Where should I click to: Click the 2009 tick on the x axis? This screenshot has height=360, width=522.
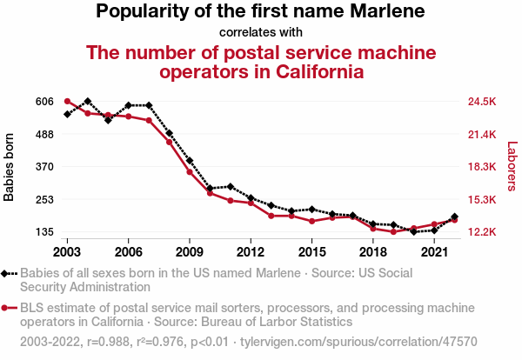point(190,251)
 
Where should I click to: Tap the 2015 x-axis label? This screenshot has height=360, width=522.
point(311,251)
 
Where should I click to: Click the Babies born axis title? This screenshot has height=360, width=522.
point(10,167)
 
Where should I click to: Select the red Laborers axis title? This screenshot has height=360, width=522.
point(512,167)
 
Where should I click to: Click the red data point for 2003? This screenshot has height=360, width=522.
point(67,102)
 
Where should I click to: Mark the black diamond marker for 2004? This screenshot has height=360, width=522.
point(88,102)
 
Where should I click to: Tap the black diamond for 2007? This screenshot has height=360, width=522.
point(149,105)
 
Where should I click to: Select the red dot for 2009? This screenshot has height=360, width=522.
point(190,171)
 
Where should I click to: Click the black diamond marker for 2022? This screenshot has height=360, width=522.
point(454,217)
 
